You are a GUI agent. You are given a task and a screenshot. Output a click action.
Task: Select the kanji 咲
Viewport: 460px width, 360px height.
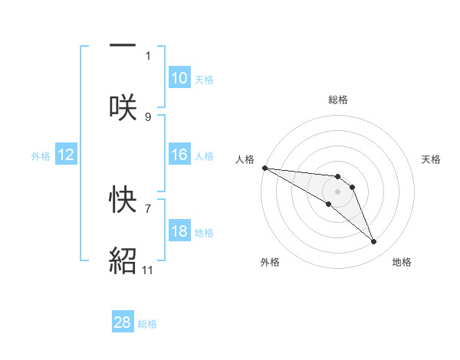[x=123, y=106]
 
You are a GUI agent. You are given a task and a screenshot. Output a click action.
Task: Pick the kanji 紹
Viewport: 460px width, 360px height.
[x=123, y=260]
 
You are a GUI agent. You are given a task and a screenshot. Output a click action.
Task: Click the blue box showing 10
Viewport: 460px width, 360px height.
[x=179, y=78]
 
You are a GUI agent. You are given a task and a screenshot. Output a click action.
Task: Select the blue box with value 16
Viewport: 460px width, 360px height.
[x=179, y=155]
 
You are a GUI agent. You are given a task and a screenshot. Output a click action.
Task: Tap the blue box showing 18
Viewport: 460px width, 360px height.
[x=179, y=231]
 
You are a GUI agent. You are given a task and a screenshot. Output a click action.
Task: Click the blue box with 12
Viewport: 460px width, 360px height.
[x=66, y=155]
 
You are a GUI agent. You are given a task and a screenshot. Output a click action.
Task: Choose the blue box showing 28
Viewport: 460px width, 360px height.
[x=123, y=322]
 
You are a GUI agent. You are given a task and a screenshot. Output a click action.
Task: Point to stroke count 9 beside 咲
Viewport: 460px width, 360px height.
[x=148, y=116]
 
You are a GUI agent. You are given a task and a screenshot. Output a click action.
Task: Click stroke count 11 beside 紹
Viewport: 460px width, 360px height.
[x=148, y=270]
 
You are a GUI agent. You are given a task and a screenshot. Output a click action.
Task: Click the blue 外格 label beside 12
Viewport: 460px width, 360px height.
[x=41, y=155]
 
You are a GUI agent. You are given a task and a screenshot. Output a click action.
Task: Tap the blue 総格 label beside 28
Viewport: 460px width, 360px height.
[x=147, y=323]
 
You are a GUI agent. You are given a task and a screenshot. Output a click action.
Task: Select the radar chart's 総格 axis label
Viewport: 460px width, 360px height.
[x=337, y=100]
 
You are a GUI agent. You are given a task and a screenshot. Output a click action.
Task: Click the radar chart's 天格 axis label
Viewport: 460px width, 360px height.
[x=432, y=159]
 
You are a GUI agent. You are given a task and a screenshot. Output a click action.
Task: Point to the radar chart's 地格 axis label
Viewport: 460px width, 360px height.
[x=402, y=262]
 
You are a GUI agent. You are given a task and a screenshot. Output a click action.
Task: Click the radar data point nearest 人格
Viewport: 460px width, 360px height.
[x=264, y=168]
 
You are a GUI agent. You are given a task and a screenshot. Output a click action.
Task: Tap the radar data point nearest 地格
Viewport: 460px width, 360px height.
[x=374, y=242]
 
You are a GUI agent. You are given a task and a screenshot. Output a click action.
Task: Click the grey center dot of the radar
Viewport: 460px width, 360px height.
[x=337, y=191]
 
